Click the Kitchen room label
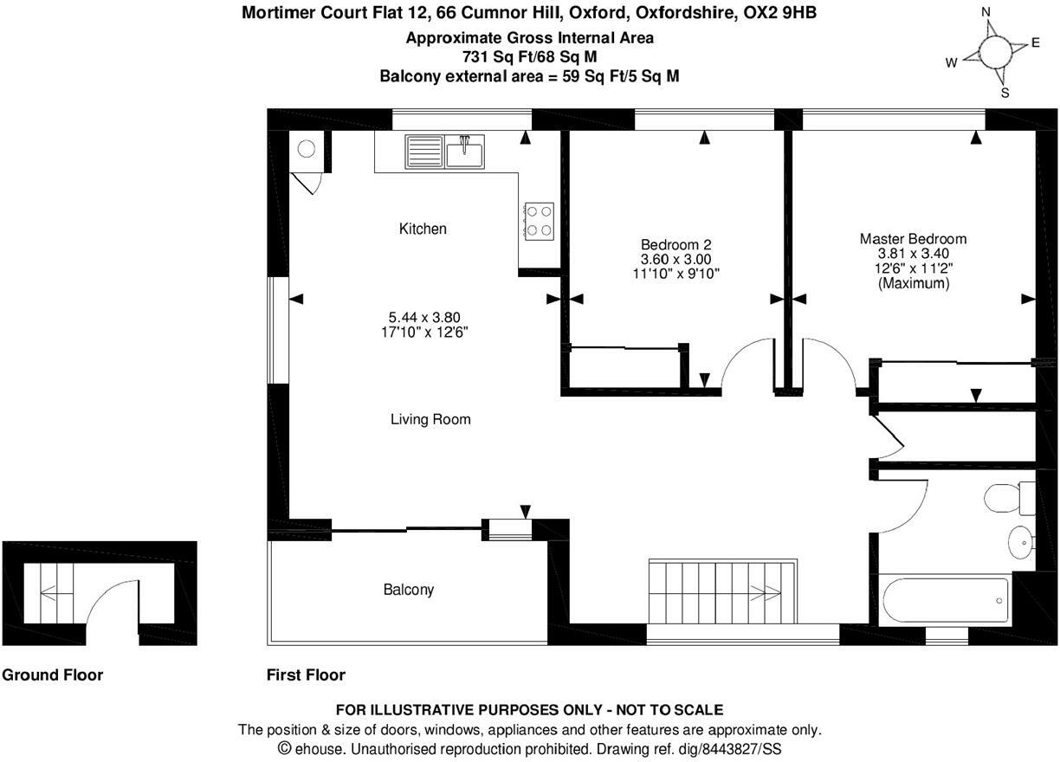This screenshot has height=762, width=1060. pos(423,229)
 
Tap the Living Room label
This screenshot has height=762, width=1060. pos(430,419)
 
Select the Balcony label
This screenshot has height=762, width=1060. pos(408,590)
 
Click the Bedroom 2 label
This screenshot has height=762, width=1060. pos(675,245)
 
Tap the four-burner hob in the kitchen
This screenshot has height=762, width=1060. pos(539,219)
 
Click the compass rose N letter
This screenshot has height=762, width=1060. pos(985,12)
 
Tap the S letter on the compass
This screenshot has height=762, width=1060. pos(1005,94)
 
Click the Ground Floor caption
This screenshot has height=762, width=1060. pos(53,675)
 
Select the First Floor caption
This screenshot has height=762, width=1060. pos(306,675)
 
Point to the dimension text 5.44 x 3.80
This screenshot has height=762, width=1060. pos(430,318)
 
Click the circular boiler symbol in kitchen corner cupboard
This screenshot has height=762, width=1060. pos(307,149)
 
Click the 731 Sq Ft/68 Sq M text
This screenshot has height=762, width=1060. pos(529,57)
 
